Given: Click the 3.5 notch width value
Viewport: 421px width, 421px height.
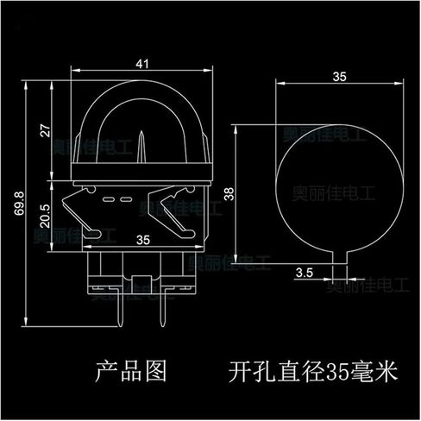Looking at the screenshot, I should click(304, 273).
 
